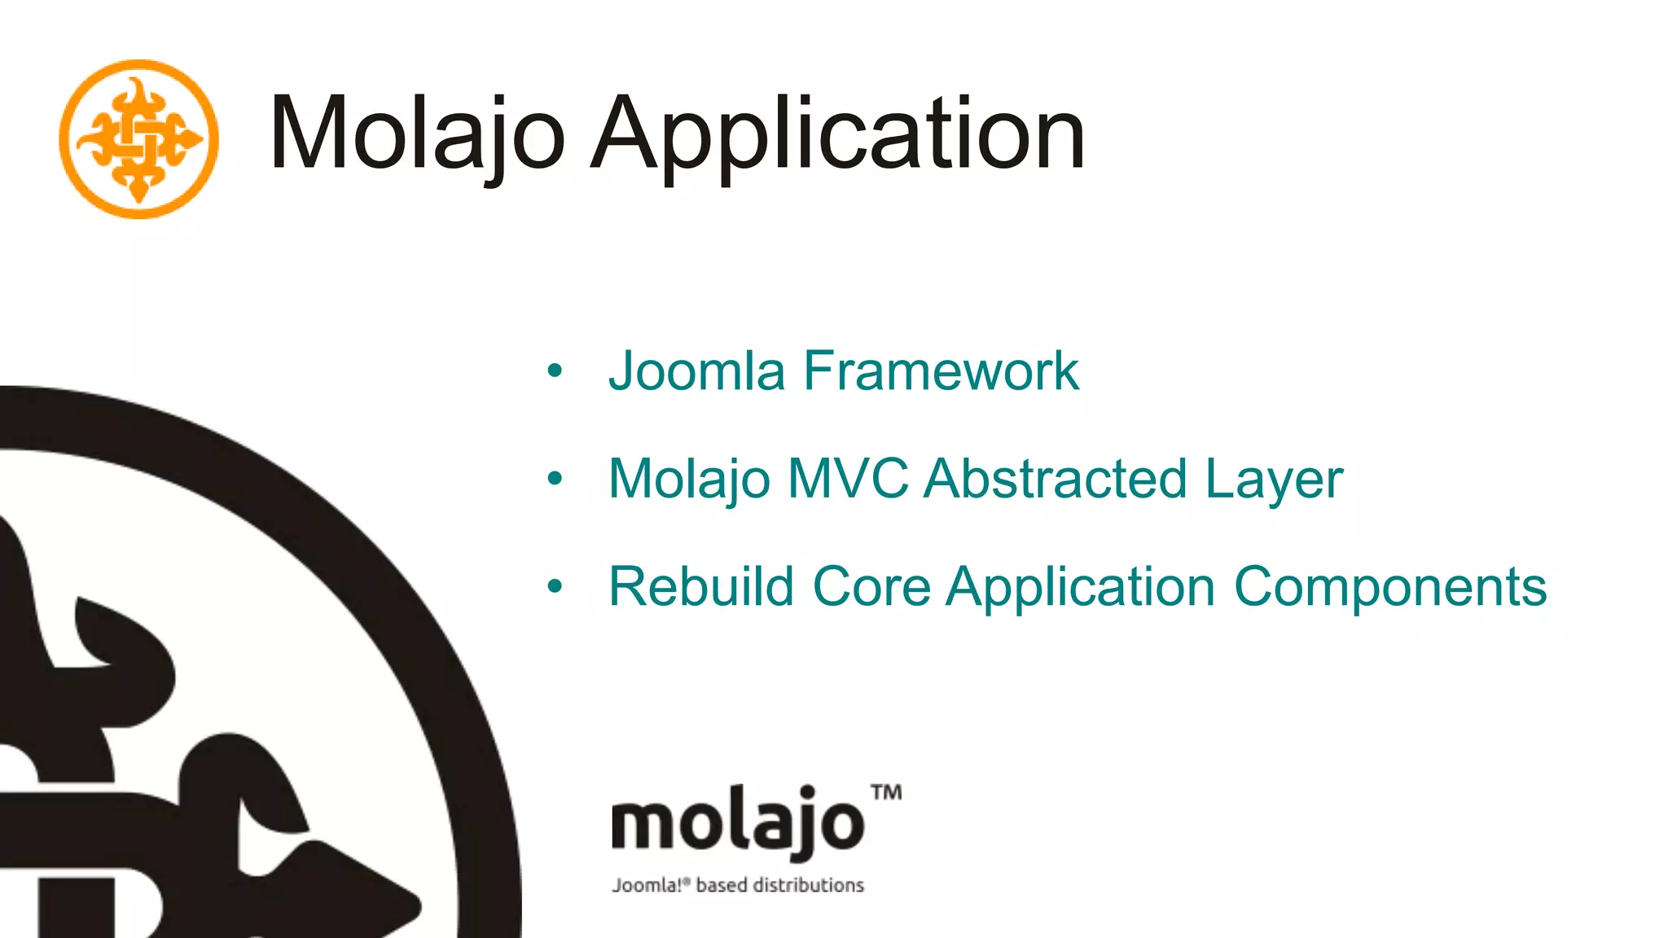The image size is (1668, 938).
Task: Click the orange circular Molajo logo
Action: pos(139,139)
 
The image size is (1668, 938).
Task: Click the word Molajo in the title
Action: pos(416,134)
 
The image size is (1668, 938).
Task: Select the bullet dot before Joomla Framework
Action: pos(555,371)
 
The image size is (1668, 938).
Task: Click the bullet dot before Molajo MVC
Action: pos(555,479)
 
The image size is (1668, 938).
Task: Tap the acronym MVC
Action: pos(848,479)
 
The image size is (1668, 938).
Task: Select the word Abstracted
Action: pos(1056,479)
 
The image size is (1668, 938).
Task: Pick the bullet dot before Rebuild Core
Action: pos(555,586)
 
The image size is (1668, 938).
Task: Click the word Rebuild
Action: pos(701,586)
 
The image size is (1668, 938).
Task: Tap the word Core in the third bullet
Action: pos(871,586)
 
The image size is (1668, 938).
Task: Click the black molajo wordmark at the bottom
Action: pos(737,822)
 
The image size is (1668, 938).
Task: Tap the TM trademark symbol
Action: pos(886,792)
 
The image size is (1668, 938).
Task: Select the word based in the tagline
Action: pos(721,885)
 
